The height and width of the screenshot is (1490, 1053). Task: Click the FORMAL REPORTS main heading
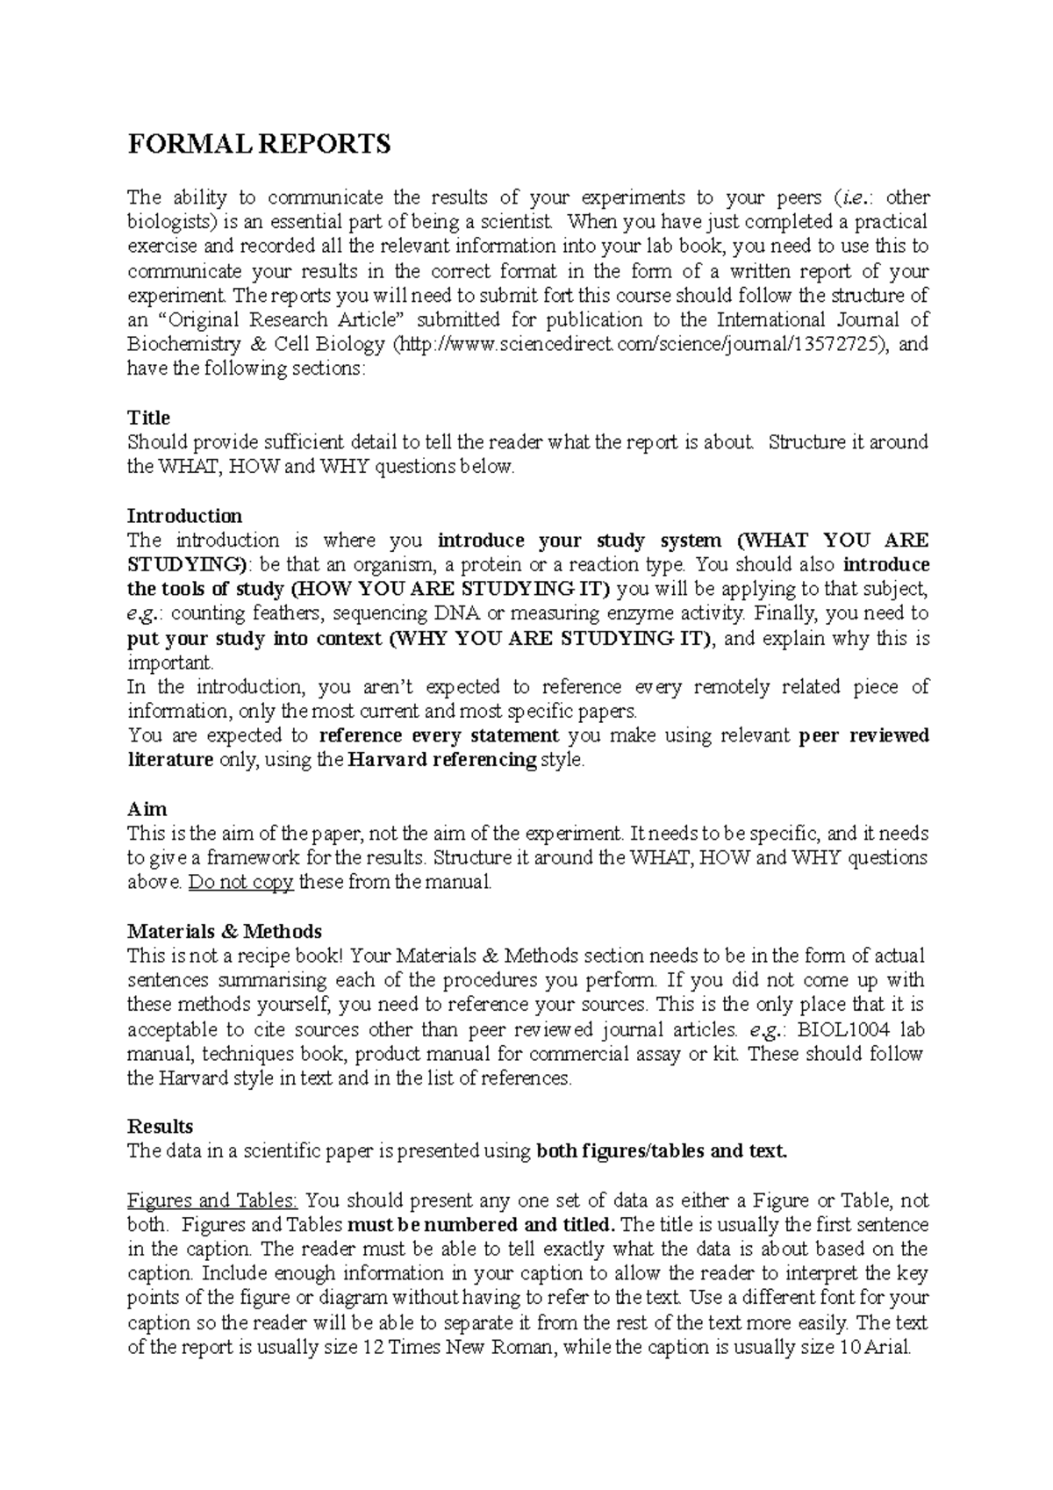point(259,145)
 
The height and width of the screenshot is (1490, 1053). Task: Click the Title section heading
point(148,418)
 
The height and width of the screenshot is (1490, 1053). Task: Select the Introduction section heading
point(184,515)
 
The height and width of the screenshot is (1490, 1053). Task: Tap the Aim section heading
point(147,809)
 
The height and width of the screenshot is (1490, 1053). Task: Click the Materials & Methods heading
point(225,931)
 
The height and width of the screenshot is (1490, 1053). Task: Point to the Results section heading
point(161,1126)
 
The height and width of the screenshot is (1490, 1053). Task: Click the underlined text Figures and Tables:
point(213,1200)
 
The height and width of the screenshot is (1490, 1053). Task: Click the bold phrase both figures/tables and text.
point(662,1151)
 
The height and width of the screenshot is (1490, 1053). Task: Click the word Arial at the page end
point(888,1347)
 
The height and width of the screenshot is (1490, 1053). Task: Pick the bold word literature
point(170,760)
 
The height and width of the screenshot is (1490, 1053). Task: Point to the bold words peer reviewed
point(864,735)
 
